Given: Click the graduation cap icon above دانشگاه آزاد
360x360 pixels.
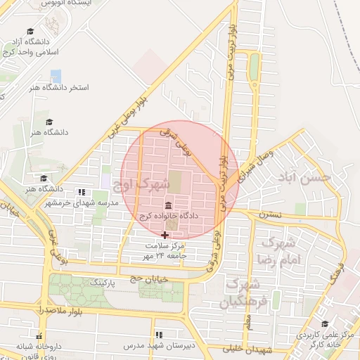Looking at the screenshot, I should pos(30,32).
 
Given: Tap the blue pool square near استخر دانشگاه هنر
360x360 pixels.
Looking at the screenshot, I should pos(56,75).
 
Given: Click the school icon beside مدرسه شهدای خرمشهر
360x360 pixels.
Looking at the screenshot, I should pos(82,192).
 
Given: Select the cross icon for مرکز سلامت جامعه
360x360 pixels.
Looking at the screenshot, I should pos(165,235).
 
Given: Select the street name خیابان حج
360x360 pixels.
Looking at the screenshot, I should pos(147,279).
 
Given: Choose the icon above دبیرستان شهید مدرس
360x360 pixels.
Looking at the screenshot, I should pos(159,335).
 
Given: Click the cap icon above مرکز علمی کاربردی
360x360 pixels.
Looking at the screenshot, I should pos(306,326).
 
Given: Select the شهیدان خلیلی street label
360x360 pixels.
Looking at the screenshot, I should pos(250,349).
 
